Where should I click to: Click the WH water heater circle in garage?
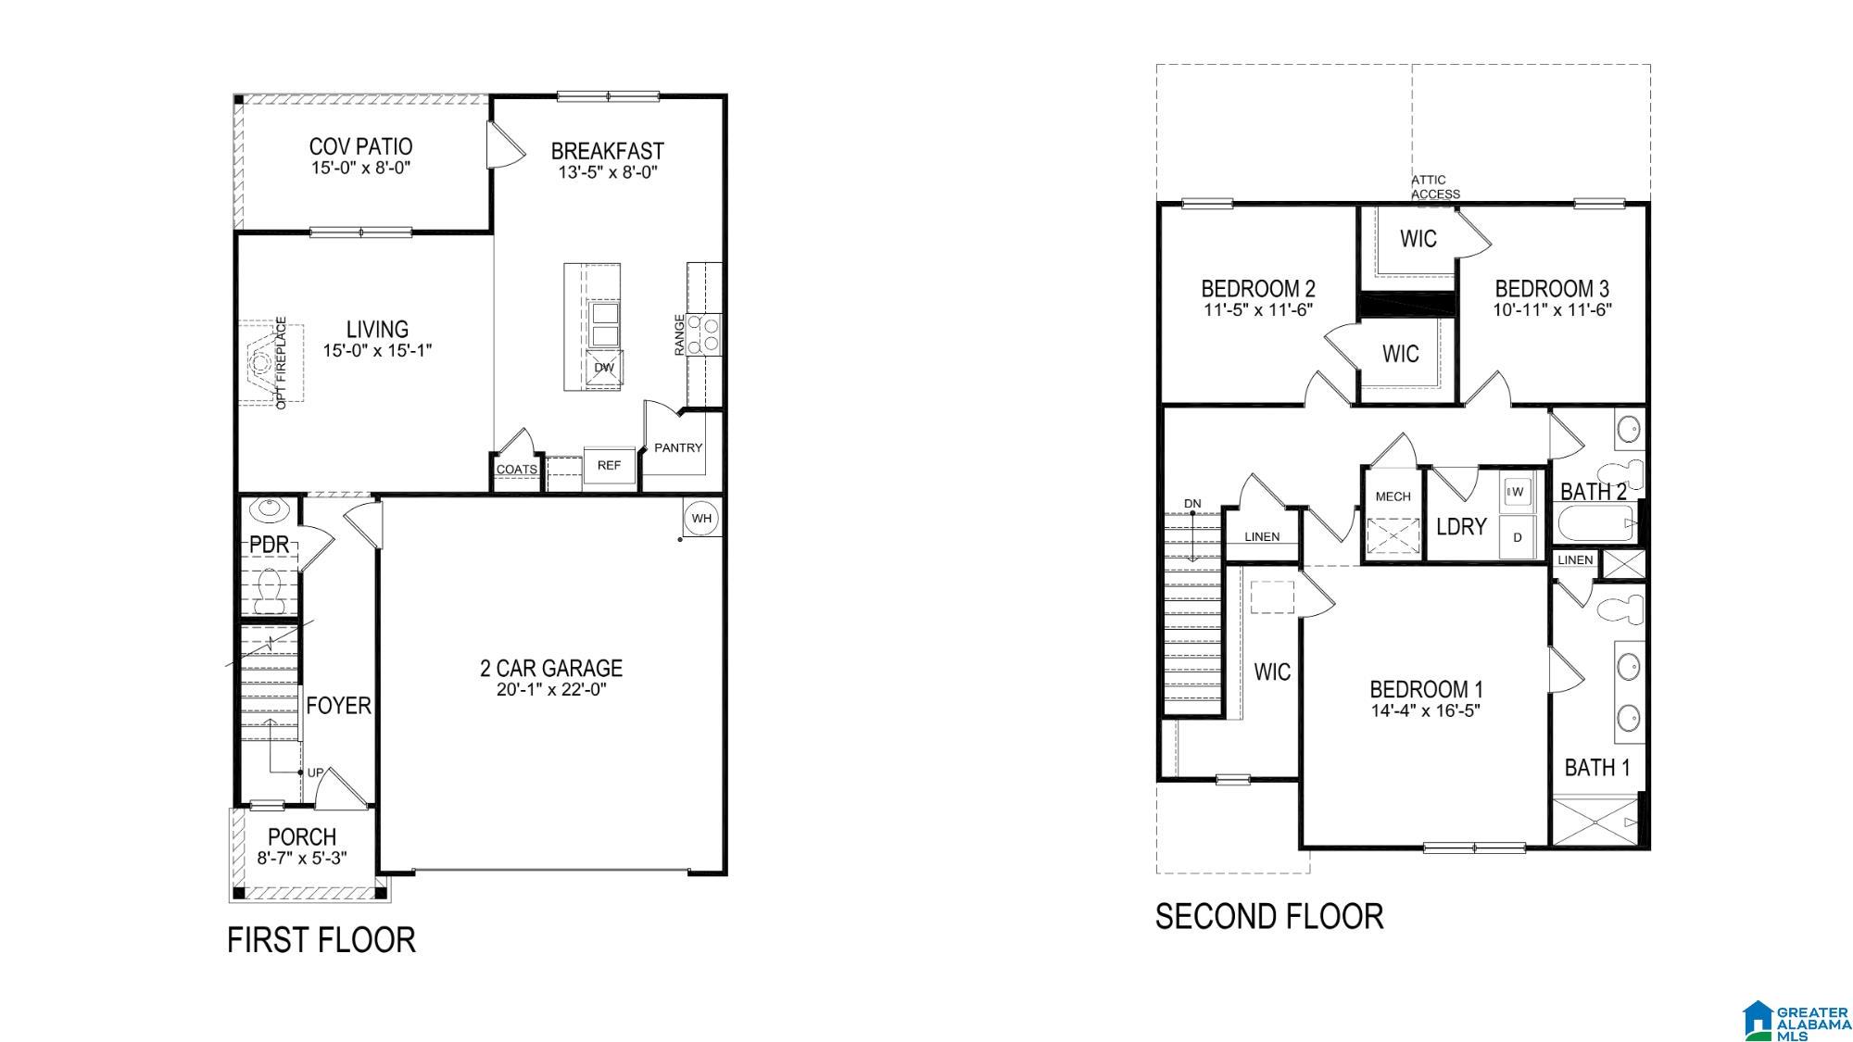click(x=700, y=518)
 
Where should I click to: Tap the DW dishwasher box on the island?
click(x=604, y=367)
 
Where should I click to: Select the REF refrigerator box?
click(x=609, y=465)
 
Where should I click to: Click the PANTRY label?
click(x=678, y=447)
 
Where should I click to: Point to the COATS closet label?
click(x=516, y=470)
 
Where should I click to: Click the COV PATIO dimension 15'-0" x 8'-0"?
click(x=360, y=169)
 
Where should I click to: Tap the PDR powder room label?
click(x=270, y=545)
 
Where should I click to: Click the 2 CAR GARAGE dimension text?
click(x=550, y=690)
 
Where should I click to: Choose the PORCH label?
click(x=302, y=836)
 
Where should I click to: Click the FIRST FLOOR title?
click(x=321, y=940)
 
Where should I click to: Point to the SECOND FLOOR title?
click(x=1268, y=917)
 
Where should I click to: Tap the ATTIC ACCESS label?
click(x=1434, y=187)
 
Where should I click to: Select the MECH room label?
click(x=1393, y=496)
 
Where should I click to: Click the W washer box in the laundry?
click(x=1517, y=492)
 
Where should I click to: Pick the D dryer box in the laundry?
click(x=1517, y=537)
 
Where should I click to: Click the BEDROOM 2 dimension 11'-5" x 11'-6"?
click(x=1258, y=310)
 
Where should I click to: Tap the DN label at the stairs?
click(x=1192, y=504)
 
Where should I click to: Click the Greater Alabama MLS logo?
click(x=1796, y=1020)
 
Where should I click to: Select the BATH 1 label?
click(x=1597, y=768)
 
